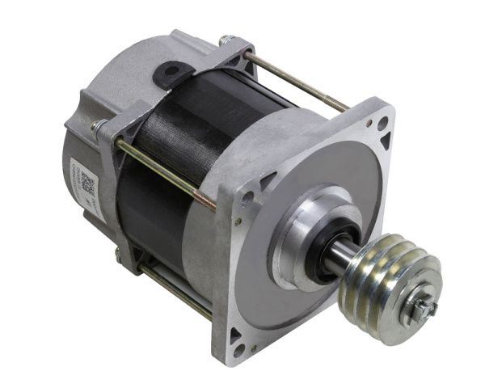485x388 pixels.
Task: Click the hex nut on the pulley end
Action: pos(421,308)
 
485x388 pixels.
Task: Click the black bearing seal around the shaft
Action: pos(322,247)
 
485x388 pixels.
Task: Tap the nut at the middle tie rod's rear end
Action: pos(99,127)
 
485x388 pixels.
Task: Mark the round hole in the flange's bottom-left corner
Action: pos(239,350)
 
